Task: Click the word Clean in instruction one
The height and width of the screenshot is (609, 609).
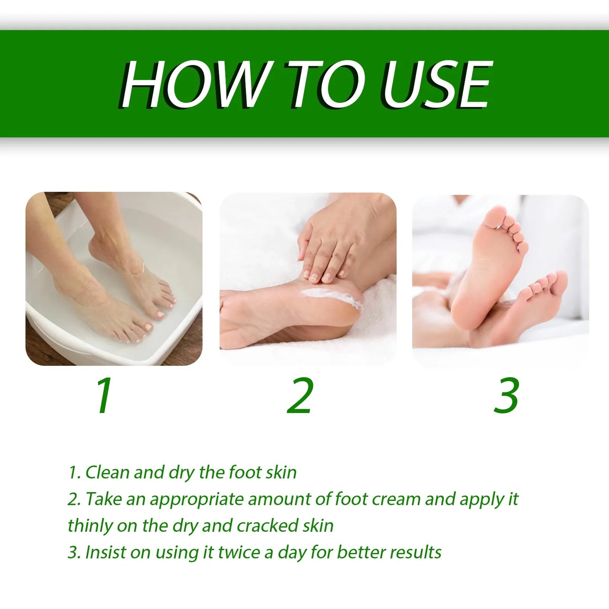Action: pos(107,472)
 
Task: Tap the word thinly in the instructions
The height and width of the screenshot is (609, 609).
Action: pos(89,526)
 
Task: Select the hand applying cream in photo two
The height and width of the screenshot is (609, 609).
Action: pos(337,249)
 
